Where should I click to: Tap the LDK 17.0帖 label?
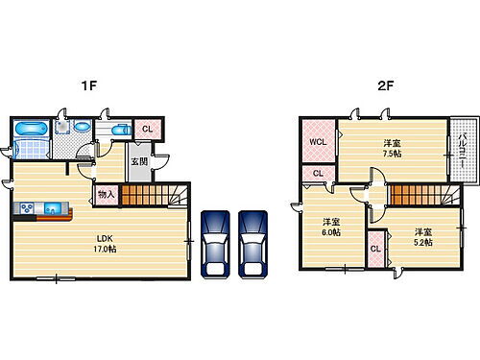point(105,244)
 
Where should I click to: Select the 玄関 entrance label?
point(139,162)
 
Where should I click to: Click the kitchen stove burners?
point(26,207)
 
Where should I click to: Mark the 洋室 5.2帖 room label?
point(421,236)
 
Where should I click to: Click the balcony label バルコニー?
point(462,152)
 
